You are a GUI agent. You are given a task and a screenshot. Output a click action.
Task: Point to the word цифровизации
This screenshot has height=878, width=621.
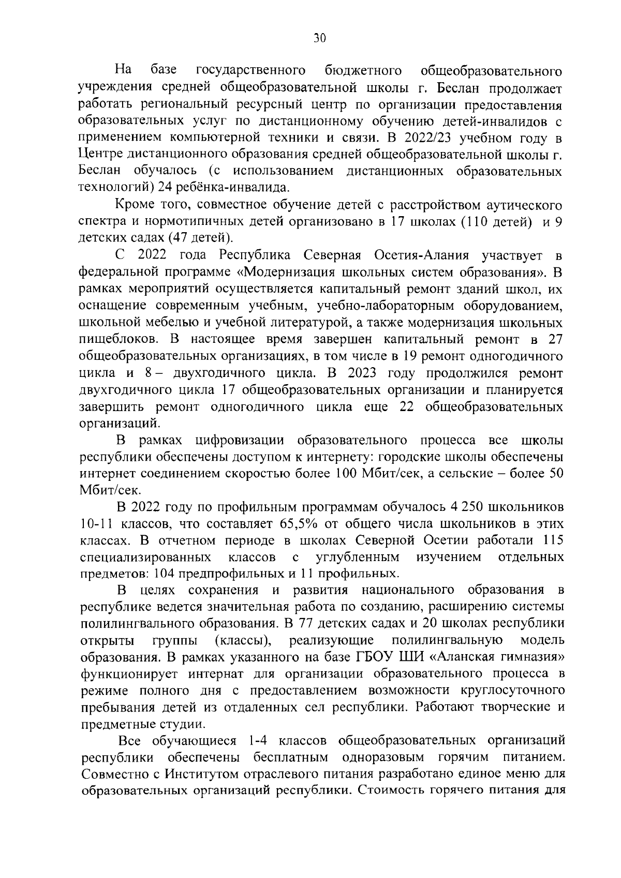pos(239,441)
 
